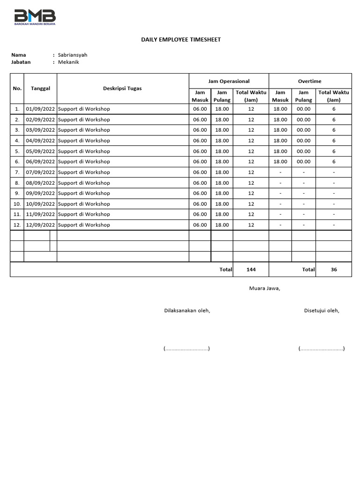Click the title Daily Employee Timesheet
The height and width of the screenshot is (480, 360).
[181, 40]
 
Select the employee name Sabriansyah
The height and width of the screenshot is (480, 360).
[73, 55]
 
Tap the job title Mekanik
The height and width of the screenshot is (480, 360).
[68, 62]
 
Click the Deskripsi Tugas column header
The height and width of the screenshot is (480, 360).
[122, 88]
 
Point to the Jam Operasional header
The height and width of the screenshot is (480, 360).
[229, 81]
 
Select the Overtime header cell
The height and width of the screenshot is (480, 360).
[310, 81]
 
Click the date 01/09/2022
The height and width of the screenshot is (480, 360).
[40, 109]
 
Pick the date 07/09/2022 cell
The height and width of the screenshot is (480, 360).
[40, 172]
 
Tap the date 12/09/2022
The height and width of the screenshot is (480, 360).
[40, 225]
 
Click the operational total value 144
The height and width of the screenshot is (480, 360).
[251, 270]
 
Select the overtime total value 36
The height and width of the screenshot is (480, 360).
[334, 270]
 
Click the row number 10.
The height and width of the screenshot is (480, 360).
[17, 204]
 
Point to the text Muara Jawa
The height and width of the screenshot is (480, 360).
[264, 288]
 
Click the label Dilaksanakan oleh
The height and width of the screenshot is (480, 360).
[187, 310]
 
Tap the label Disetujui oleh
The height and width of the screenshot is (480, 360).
[322, 310]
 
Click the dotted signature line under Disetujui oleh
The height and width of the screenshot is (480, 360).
[322, 348]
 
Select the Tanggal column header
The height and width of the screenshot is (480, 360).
[40, 88]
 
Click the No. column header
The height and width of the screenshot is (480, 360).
[17, 88]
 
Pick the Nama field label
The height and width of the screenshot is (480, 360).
[19, 55]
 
